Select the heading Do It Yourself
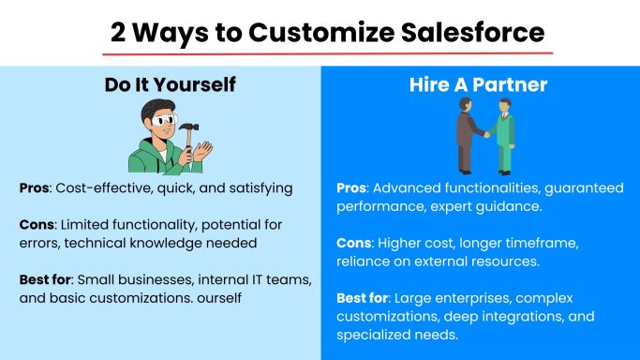point(170,85)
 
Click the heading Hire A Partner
point(479,85)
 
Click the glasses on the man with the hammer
point(165,121)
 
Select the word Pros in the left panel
point(36,188)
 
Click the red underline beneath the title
point(320,52)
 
